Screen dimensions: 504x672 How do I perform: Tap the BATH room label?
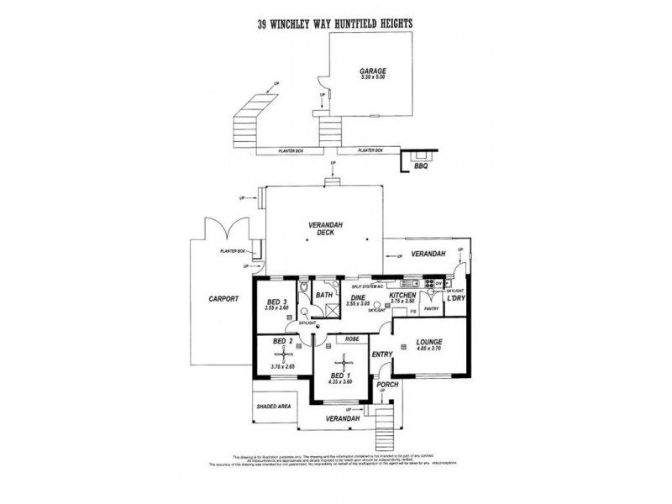coord(324,295)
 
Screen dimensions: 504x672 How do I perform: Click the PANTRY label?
coord(431,308)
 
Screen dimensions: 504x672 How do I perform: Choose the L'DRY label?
coord(456,299)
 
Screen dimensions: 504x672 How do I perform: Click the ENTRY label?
coord(382,354)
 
